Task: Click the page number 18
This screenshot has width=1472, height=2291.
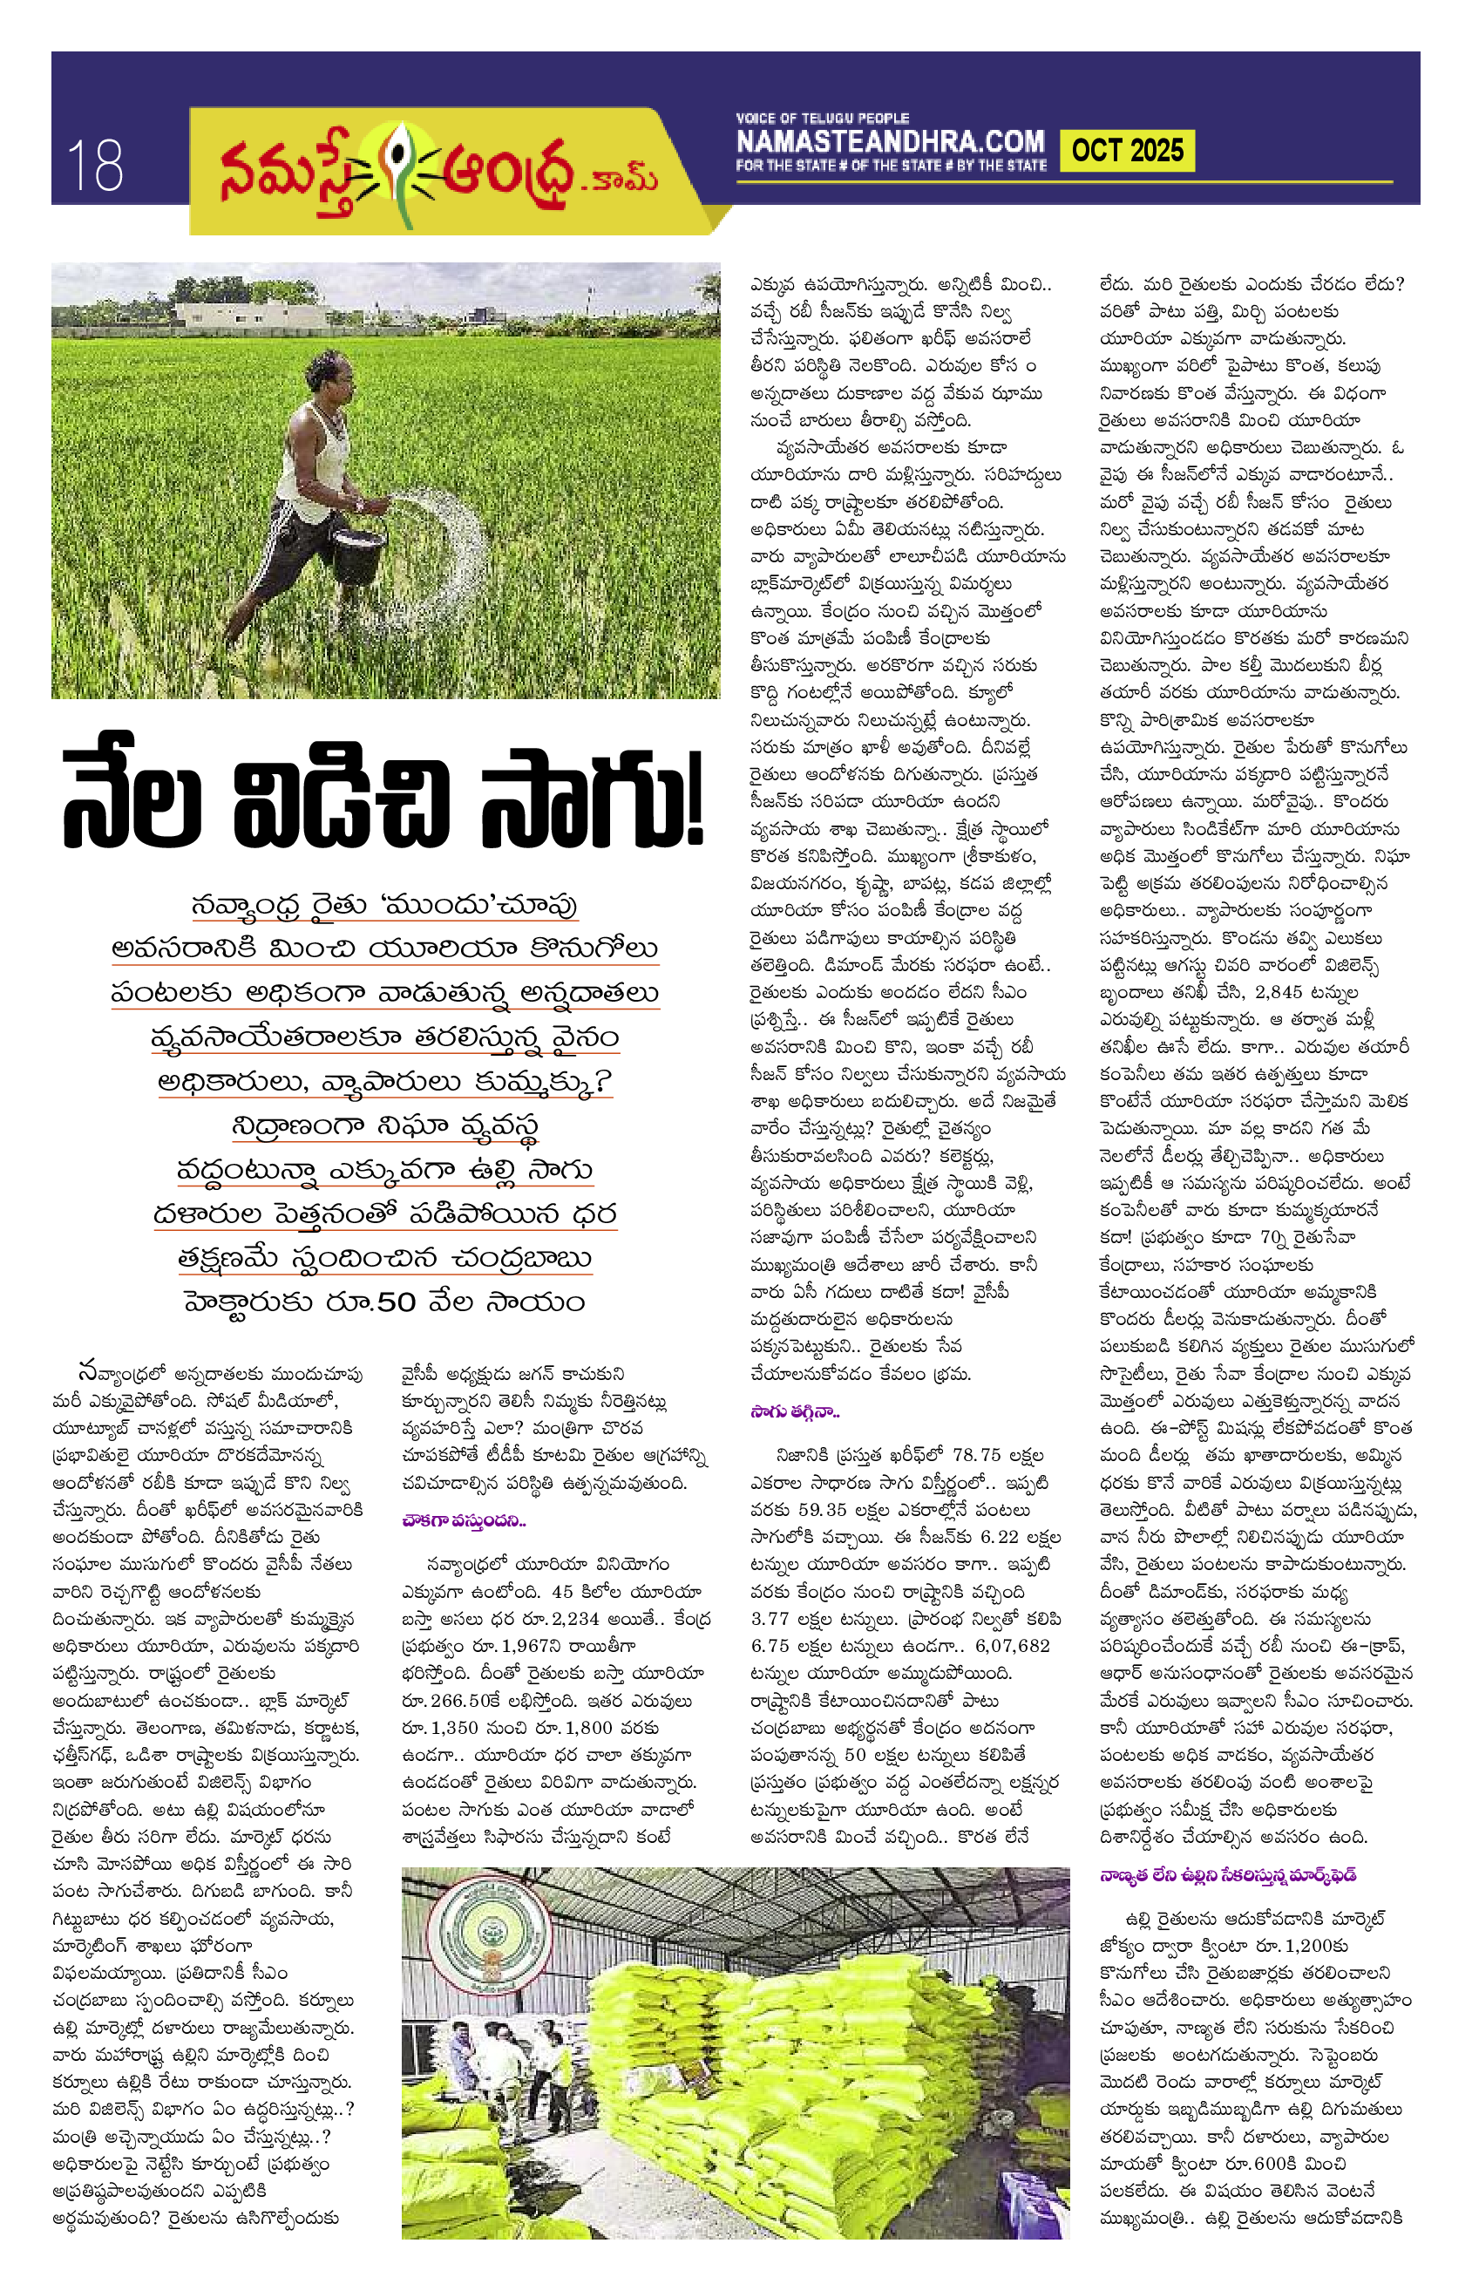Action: tap(95, 165)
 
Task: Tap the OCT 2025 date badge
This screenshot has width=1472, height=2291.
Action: tap(1127, 151)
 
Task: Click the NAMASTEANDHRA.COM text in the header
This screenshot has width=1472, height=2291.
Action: tap(890, 141)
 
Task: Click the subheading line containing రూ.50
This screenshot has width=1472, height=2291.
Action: tap(384, 1302)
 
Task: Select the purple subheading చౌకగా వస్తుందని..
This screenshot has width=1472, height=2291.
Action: tap(464, 1520)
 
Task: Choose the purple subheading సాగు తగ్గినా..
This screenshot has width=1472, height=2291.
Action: tap(794, 1411)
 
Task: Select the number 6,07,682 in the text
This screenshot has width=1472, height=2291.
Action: tap(1012, 1646)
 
